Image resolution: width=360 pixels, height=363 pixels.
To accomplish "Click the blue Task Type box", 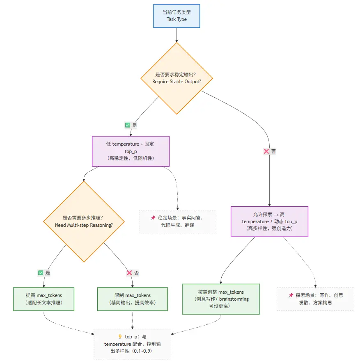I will (177, 16).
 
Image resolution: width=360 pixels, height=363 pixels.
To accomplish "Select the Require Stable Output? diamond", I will (177, 78).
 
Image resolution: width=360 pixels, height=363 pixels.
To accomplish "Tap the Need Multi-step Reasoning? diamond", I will (84, 221).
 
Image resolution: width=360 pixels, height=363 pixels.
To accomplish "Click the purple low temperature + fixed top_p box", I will (131, 151).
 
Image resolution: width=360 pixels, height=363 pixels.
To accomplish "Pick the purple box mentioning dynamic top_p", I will (269, 221).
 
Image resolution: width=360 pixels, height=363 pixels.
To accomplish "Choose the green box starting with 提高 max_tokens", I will (44, 299).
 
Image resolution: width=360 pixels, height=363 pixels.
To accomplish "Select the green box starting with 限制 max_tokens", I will (132, 299).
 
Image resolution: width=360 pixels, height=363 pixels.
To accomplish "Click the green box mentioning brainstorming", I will (221, 299).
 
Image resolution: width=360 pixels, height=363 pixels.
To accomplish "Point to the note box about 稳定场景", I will (177, 221).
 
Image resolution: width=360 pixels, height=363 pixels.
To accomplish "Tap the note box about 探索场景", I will (315, 299).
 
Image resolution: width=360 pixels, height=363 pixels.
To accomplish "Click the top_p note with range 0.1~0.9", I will (132, 344).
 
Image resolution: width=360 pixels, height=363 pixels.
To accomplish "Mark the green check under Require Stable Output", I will (127, 125).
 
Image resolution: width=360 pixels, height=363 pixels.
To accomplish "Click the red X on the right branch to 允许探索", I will (266, 151).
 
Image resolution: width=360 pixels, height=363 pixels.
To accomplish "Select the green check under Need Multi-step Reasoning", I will (41, 272).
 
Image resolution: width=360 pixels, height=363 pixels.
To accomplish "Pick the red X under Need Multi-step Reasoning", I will (129, 272).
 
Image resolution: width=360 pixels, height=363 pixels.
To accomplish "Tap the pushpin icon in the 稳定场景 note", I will (153, 218).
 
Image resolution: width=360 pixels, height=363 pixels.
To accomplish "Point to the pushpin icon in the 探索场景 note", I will (291, 295).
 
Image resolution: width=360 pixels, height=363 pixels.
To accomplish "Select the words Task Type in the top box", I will (177, 19).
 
